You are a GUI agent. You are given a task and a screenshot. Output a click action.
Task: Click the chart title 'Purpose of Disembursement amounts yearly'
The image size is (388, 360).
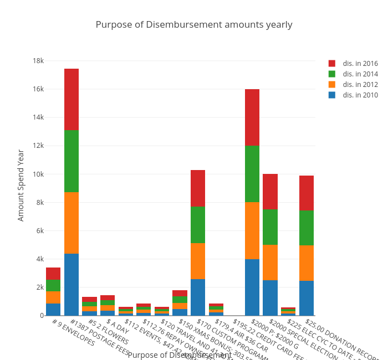[x=194, y=25]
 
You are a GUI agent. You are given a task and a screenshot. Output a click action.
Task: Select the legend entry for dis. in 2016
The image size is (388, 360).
[x=360, y=64]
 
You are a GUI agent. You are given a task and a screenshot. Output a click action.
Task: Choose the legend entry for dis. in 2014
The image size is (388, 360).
[x=360, y=74]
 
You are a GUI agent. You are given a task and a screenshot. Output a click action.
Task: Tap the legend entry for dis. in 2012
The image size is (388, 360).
[x=360, y=85]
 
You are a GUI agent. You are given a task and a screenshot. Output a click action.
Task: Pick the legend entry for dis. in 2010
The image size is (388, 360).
[x=360, y=95]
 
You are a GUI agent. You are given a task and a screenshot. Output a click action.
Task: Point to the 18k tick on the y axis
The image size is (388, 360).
[x=38, y=61]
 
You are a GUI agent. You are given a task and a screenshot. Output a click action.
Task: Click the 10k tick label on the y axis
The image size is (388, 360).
[x=38, y=174]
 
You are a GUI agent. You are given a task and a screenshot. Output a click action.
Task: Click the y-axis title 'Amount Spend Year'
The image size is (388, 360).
[x=21, y=185]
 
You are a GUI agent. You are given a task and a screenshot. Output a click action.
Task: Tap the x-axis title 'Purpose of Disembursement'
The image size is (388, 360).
[x=180, y=355]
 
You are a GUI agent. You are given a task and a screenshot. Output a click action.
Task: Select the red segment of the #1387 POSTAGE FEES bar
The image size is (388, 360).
[x=72, y=100]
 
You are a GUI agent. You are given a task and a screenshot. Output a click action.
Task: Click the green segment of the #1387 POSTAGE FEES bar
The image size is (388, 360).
[x=72, y=161]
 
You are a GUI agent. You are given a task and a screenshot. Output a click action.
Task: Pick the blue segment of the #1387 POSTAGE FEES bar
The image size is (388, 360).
[x=72, y=284]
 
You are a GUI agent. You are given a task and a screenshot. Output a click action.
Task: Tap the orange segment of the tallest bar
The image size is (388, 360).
[x=72, y=223]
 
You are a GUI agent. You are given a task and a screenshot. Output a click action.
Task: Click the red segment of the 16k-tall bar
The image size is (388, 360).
[x=252, y=117]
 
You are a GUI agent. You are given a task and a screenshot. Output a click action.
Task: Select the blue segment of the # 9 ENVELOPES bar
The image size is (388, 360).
[x=53, y=309]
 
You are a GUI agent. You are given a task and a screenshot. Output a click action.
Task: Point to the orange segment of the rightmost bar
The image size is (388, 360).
[x=307, y=263]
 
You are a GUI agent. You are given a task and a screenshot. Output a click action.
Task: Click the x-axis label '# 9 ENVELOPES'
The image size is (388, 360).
[x=73, y=331]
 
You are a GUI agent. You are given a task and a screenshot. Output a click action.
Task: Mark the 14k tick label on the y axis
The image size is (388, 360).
[x=38, y=117]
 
